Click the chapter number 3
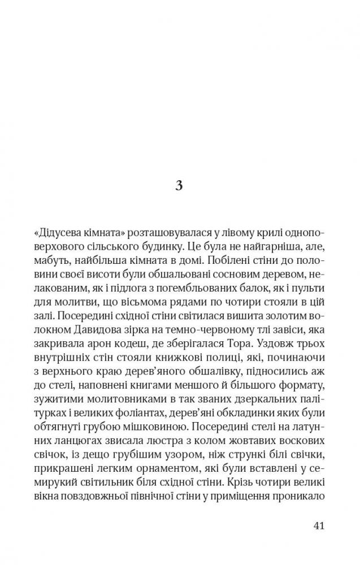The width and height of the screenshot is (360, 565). tap(179, 186)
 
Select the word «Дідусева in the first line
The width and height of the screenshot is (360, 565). tap(57, 233)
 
